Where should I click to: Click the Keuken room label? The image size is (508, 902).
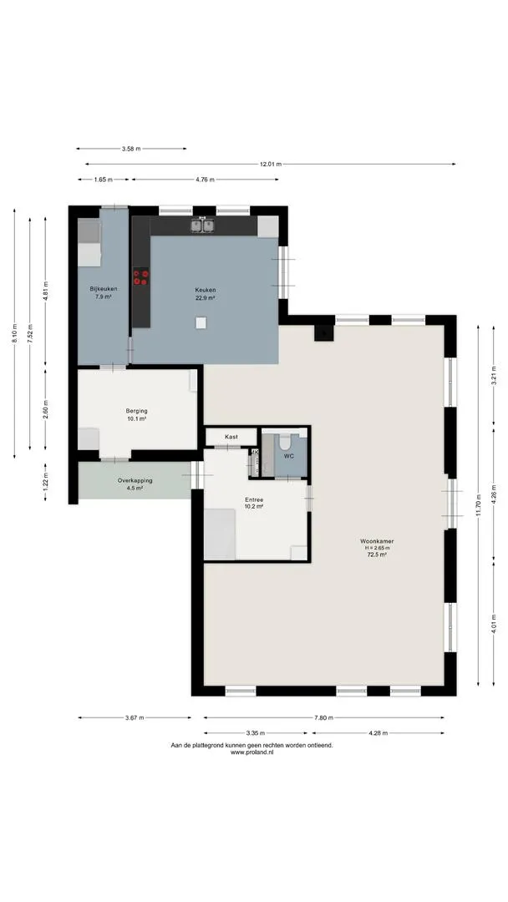(205, 290)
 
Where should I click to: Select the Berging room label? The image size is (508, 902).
(136, 411)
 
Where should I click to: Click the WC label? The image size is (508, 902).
(289, 456)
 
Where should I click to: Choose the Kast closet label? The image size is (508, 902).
(231, 437)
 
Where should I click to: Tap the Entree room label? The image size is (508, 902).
(254, 500)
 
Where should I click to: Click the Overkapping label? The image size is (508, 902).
(135, 480)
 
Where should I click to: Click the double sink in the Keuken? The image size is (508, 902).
(202, 225)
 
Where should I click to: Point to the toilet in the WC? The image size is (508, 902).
(285, 441)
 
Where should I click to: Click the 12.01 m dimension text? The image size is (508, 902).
(271, 164)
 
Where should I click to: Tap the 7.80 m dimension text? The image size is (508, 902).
(324, 718)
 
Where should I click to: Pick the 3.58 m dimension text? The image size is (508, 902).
(130, 149)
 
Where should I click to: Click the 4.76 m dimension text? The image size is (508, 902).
(205, 180)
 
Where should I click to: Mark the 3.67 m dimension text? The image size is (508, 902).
(134, 718)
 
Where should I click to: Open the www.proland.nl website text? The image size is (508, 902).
(252, 753)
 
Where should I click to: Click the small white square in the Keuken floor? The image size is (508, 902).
(201, 322)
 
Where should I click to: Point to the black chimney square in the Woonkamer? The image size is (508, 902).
(323, 333)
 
